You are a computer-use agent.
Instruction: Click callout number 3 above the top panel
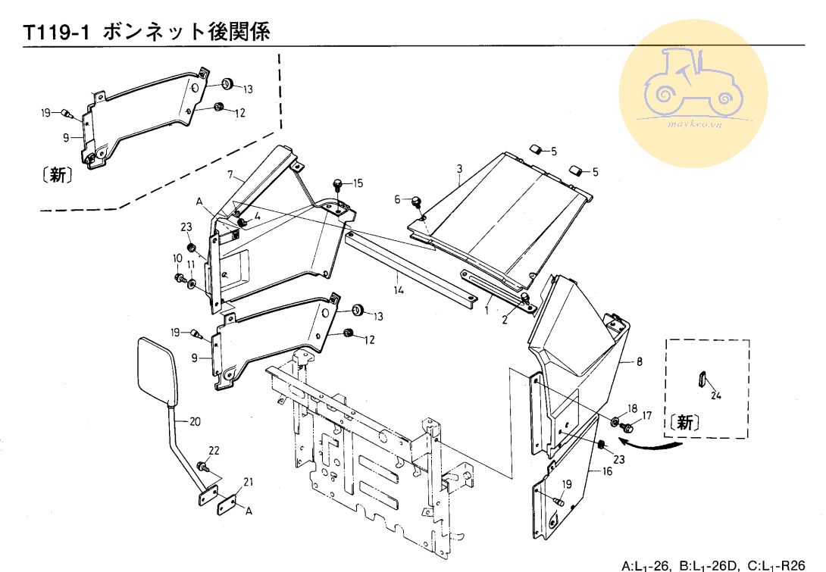coord(459,167)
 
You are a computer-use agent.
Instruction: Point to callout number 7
coord(230,175)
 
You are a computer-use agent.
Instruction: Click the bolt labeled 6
coord(416,202)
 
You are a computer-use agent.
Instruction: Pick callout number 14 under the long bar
coord(396,289)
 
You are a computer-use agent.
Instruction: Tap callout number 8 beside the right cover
coord(640,363)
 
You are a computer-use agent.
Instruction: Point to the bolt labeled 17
coord(627,428)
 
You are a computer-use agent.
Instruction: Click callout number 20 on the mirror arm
coord(195,422)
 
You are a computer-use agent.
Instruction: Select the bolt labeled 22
coord(202,465)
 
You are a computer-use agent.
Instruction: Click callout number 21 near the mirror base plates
coord(249,482)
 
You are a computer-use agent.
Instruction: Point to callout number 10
coord(177,258)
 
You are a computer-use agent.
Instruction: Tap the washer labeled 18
coord(615,421)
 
